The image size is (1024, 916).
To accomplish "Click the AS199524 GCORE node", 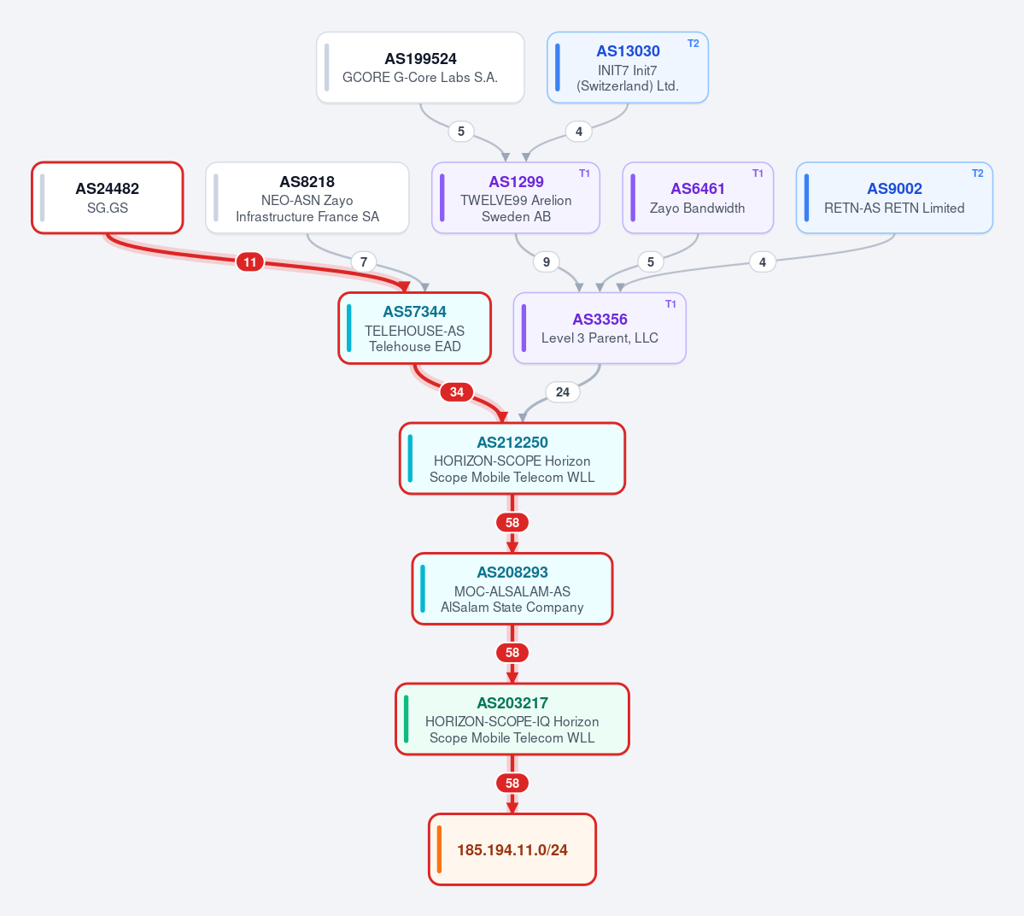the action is pyautogui.click(x=420, y=68).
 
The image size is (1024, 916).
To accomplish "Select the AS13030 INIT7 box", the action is pyautogui.click(x=628, y=68).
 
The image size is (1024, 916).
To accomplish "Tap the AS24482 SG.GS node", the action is pyautogui.click(x=108, y=197).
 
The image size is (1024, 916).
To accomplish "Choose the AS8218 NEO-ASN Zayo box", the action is pyautogui.click(x=307, y=197).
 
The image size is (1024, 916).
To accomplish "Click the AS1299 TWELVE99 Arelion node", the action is pyautogui.click(x=516, y=197).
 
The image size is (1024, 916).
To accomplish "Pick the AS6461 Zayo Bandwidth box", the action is pyautogui.click(x=698, y=197).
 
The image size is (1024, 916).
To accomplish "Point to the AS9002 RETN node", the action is pyautogui.click(x=894, y=197).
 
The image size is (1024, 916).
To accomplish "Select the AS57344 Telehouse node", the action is pyautogui.click(x=415, y=328).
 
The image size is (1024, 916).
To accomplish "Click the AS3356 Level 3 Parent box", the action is pyautogui.click(x=600, y=328).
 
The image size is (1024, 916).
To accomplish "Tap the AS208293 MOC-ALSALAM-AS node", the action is pyautogui.click(x=512, y=589).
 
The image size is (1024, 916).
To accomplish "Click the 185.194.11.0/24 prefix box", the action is pyautogui.click(x=512, y=849).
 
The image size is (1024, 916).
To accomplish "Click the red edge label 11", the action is pyautogui.click(x=250, y=262).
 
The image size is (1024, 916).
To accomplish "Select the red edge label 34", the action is pyautogui.click(x=457, y=392).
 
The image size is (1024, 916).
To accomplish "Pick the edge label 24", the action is pyautogui.click(x=562, y=392).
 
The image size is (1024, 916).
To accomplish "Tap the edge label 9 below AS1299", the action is pyautogui.click(x=546, y=262).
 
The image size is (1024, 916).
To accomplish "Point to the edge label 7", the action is pyautogui.click(x=364, y=262).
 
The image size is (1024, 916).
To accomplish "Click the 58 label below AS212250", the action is pyautogui.click(x=512, y=523).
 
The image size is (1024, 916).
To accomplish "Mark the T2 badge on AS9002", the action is pyautogui.click(x=977, y=173).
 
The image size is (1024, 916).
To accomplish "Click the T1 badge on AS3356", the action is pyautogui.click(x=670, y=304).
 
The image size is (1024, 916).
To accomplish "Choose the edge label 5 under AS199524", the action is pyautogui.click(x=461, y=132).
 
